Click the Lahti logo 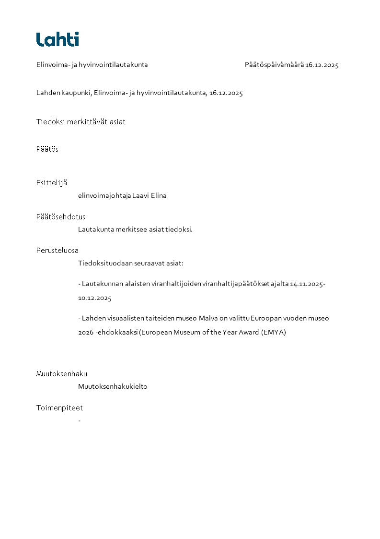58,39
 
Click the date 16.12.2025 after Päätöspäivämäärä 322,65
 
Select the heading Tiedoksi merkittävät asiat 81,122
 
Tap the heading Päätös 47,149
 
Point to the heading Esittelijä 52,183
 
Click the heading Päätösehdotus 61,217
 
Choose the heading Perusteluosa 58,251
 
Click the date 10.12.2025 95,298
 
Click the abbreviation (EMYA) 274,332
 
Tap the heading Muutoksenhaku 62,374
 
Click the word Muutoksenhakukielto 113,387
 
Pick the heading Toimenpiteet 59,408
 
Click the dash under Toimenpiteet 79,420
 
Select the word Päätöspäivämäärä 274,65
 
